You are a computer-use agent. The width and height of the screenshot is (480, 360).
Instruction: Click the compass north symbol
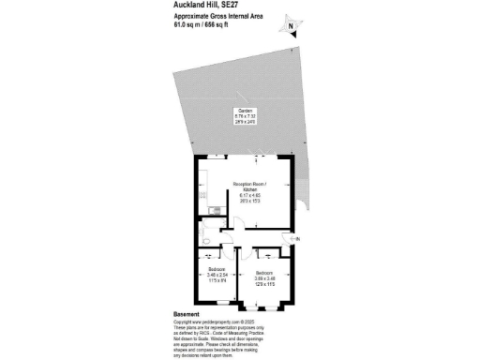(292, 28)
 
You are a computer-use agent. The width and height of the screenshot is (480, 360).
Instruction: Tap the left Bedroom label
(217, 269)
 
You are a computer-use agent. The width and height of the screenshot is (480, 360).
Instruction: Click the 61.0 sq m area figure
(187, 26)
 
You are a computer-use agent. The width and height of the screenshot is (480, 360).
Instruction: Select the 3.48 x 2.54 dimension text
(217, 276)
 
